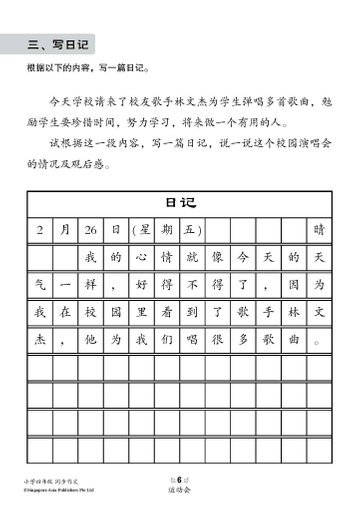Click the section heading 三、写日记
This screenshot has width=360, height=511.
57,44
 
